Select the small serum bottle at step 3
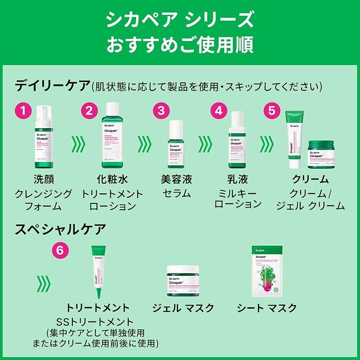click(176, 144)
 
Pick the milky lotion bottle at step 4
click(237, 140)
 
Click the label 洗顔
click(44, 179)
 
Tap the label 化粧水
click(112, 179)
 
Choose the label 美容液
click(176, 179)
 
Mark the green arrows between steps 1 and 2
click(79, 144)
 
